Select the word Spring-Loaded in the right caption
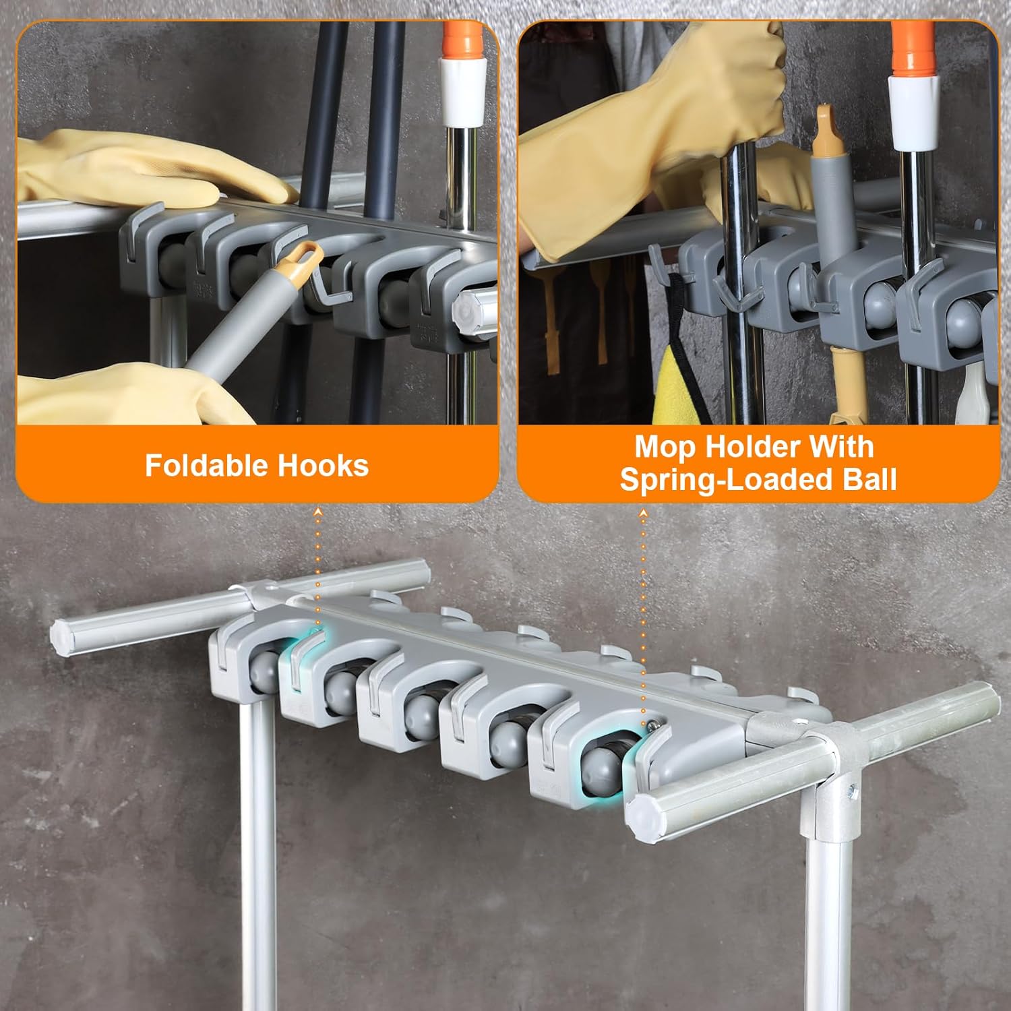pos(714,480)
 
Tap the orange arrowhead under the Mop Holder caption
pos(643,514)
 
